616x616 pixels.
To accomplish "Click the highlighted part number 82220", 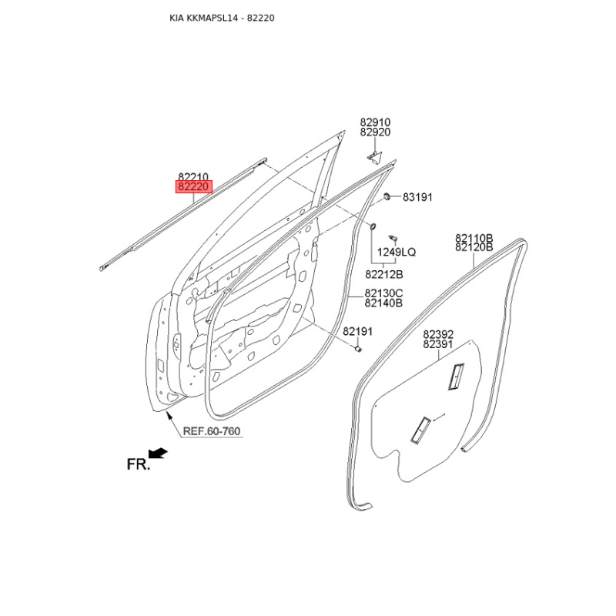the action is [194, 187].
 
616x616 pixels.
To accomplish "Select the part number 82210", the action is [193, 177].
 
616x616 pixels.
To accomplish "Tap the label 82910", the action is [375, 122].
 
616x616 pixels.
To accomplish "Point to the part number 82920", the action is [375, 132].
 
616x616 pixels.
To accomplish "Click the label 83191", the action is [417, 197].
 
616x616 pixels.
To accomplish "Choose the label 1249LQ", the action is [397, 252].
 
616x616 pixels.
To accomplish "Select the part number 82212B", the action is [383, 274].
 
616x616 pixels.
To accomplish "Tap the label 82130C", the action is [383, 293].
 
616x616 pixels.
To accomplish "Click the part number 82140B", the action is [383, 303].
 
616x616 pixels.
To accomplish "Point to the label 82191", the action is [357, 332].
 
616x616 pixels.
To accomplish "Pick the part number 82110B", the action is [474, 238].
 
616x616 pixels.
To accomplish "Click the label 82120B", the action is [474, 247].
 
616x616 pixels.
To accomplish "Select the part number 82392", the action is [438, 334].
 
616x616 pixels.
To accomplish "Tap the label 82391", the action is [438, 344].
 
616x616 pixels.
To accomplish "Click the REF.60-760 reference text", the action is [211, 431].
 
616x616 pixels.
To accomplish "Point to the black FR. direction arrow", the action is [159, 453].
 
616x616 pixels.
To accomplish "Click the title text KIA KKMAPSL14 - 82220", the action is [222, 18].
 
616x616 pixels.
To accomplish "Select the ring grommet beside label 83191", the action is [387, 196].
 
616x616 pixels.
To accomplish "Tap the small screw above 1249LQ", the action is [393, 238].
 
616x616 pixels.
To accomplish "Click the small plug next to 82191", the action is [358, 349].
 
